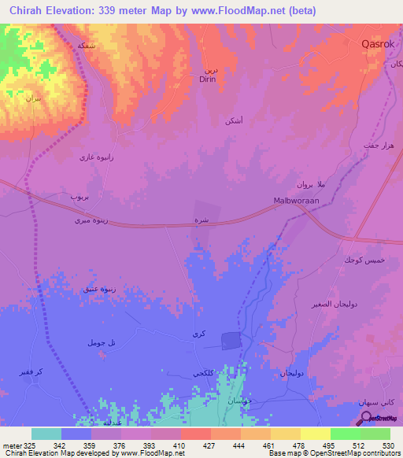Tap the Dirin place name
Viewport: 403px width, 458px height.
207,79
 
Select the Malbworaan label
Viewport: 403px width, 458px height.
295,201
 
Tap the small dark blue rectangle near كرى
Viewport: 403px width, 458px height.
230,340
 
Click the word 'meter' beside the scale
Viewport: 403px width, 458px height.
13,446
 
